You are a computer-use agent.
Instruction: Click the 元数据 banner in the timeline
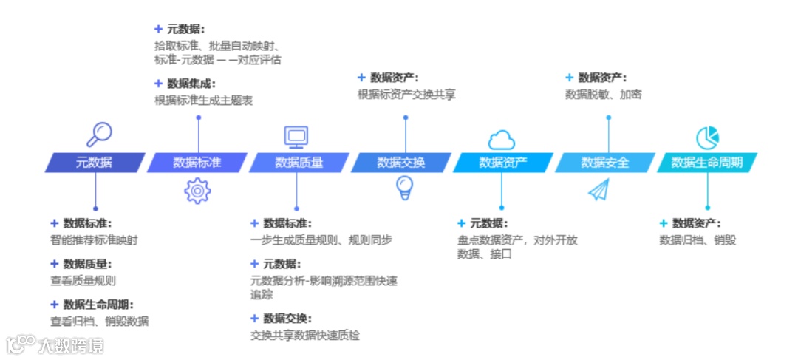95,163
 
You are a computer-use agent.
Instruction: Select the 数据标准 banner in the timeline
197,163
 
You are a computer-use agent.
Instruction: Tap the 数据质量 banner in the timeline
299,163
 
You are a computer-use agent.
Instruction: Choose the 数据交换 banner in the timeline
401,163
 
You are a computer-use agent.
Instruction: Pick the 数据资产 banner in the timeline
503,163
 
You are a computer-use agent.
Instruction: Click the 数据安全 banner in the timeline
605,163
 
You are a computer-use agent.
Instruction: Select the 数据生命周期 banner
707,163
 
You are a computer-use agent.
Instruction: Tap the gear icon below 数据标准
197,191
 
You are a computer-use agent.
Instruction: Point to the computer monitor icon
296,136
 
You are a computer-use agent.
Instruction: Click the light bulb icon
404,188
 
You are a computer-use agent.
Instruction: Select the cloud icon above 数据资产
501,139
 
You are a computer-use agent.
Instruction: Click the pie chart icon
707,137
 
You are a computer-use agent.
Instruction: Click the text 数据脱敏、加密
604,94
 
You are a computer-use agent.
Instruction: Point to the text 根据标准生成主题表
203,100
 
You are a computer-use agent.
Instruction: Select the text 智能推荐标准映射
94,240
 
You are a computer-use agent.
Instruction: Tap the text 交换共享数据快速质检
305,335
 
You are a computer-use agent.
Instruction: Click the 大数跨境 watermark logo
56,344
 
